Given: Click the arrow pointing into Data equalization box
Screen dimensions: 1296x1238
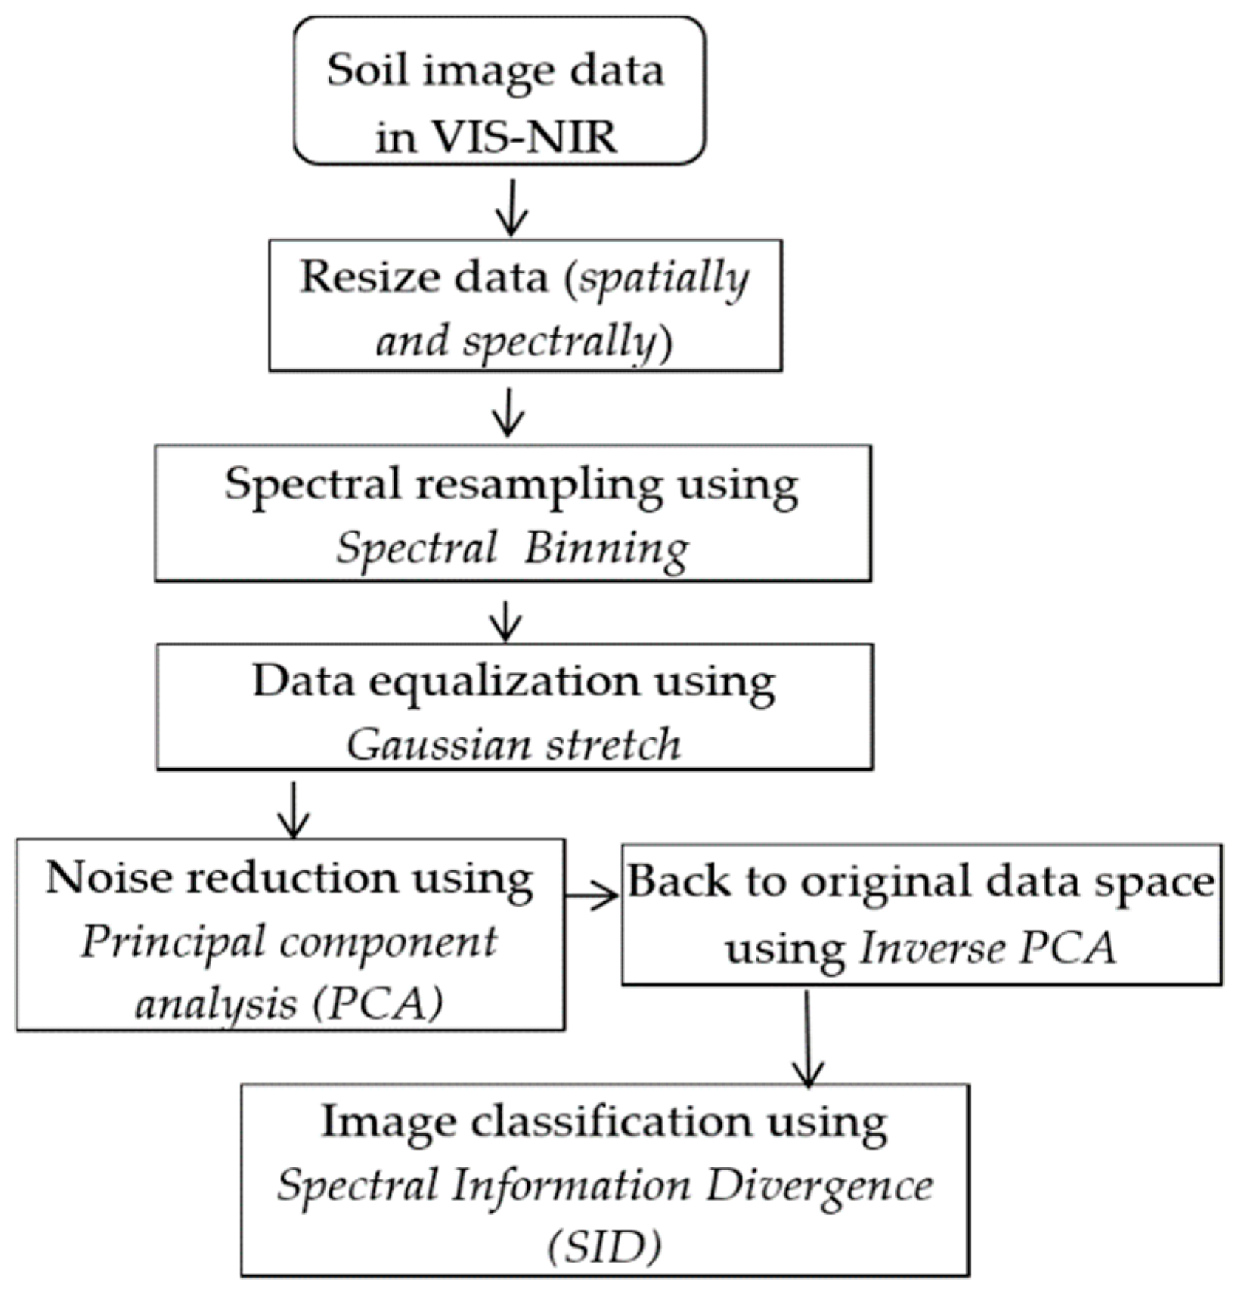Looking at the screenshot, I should coord(506,621).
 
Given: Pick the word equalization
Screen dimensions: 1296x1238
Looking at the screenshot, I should coord(504,681).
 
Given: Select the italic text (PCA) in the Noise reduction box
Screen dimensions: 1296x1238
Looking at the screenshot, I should coord(377,1003).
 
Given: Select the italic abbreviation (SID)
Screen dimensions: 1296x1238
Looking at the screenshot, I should coord(604,1248).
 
